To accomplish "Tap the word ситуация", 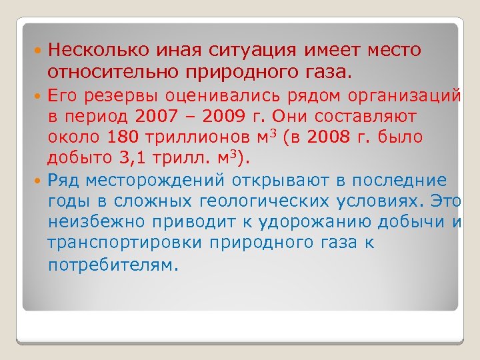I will [257, 49].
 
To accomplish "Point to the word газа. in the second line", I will [333, 71].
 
